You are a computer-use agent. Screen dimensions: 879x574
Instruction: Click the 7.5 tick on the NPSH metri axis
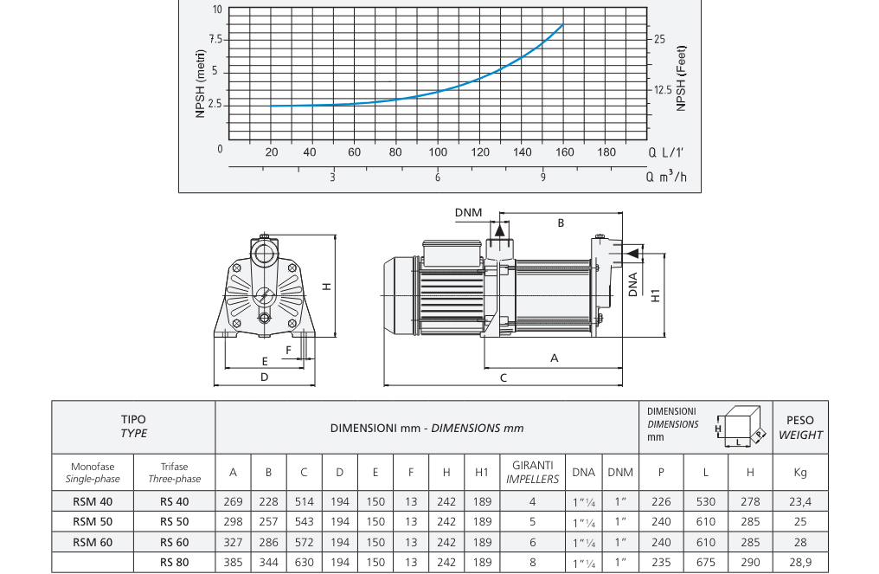[215, 40]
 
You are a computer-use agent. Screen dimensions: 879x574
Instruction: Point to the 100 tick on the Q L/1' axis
[438, 152]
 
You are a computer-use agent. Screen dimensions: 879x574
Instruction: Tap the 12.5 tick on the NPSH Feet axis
[663, 90]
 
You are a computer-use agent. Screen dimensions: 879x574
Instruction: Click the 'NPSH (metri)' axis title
[201, 84]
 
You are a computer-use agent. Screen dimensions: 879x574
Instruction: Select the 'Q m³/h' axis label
[666, 177]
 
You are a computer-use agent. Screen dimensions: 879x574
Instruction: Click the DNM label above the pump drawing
[468, 213]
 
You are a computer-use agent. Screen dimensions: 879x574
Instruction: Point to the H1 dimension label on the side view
[655, 295]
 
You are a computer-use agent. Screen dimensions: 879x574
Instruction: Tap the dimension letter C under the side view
[504, 378]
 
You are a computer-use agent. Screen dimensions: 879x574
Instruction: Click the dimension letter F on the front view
[289, 350]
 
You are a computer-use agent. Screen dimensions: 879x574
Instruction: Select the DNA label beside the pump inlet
[633, 285]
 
